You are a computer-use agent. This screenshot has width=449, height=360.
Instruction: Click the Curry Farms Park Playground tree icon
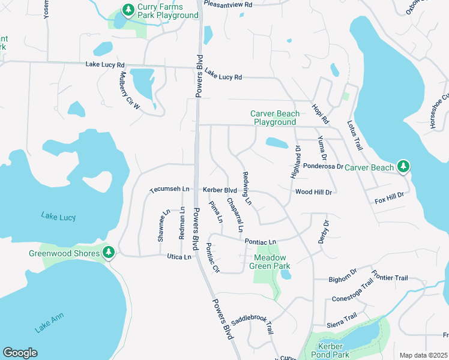128,10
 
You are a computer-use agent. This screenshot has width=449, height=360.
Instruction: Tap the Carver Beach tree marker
404,166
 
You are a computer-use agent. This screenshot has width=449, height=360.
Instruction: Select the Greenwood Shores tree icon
109,253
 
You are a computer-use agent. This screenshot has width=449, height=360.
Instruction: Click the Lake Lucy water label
58,215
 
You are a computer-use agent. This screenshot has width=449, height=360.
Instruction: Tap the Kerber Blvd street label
220,190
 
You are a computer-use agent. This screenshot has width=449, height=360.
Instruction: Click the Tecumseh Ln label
169,189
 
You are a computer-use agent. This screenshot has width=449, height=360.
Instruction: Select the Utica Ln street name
179,257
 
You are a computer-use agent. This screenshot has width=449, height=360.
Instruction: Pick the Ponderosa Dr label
322,166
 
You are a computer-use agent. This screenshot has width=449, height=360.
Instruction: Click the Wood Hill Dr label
313,192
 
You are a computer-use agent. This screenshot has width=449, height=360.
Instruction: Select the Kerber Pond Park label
331,350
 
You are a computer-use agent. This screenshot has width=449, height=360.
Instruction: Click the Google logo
20,353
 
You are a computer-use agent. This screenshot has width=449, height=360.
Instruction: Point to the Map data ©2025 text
424,355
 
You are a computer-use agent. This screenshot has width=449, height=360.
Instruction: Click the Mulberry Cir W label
129,91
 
